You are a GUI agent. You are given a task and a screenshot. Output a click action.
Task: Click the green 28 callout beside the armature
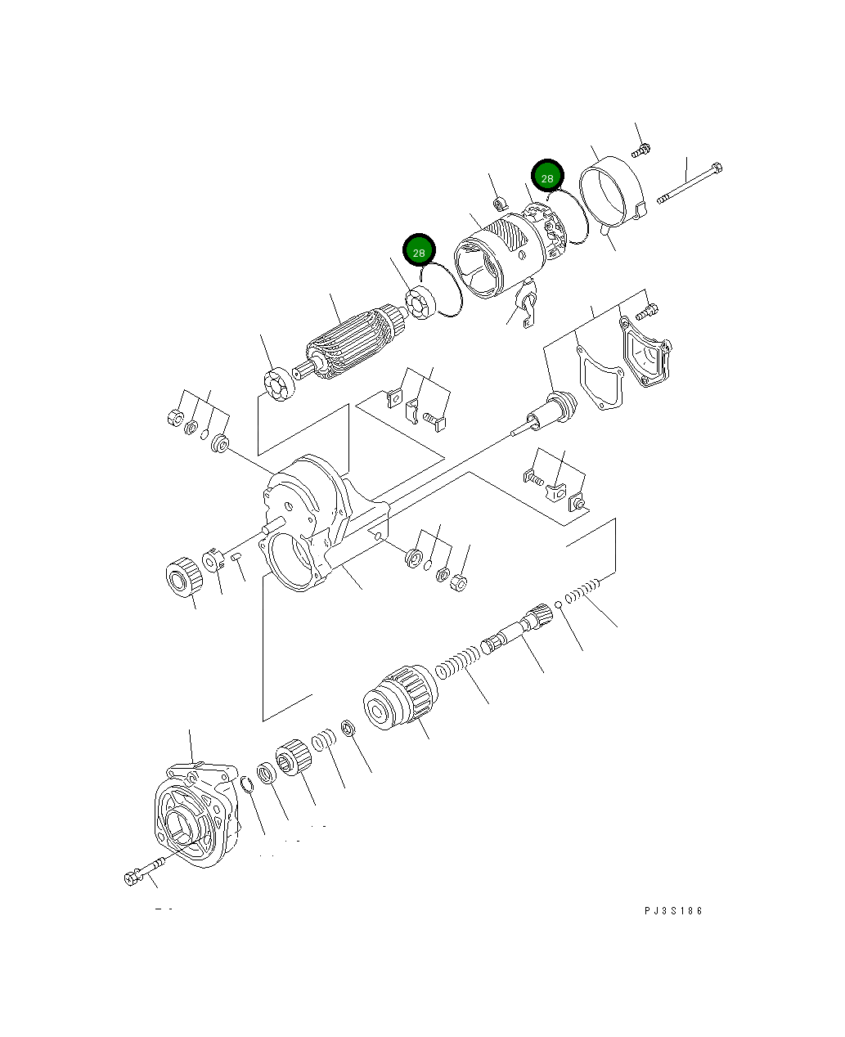tap(419, 252)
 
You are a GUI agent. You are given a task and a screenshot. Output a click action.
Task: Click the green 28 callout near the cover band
tap(547, 177)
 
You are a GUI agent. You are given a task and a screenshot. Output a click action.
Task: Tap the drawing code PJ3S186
tap(672, 911)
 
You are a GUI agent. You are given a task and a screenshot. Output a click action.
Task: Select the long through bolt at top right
tap(689, 183)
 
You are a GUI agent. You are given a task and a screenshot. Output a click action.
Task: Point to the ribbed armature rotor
tap(352, 342)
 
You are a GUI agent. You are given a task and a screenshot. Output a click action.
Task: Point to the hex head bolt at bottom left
tap(142, 872)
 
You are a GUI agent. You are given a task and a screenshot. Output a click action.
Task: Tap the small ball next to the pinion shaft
tap(557, 604)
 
